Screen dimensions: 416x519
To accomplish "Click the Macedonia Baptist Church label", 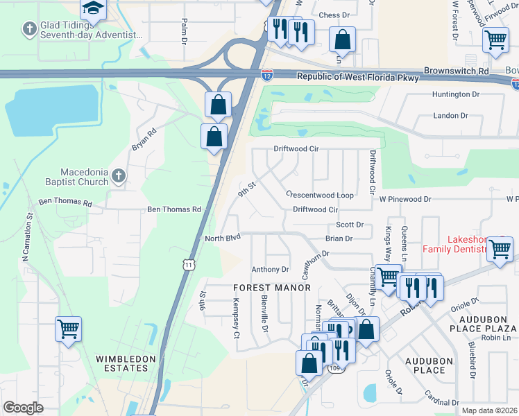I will pos(75,177).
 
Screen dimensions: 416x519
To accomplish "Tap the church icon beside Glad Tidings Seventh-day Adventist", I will pos(29,29).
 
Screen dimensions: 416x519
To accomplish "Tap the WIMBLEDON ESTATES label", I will pos(122,363).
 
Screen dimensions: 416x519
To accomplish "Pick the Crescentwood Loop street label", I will pos(320,196).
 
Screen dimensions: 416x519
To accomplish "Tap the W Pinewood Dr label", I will pos(405,199).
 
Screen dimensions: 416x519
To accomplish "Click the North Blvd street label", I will pos(222,238).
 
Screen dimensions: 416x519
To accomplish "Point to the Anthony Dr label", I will pos(270,270).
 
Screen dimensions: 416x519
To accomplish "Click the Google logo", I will pos(23,408).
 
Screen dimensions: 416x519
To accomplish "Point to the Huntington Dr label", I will pos(456,94).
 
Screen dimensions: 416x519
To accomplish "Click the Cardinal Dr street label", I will pos(443,401).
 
